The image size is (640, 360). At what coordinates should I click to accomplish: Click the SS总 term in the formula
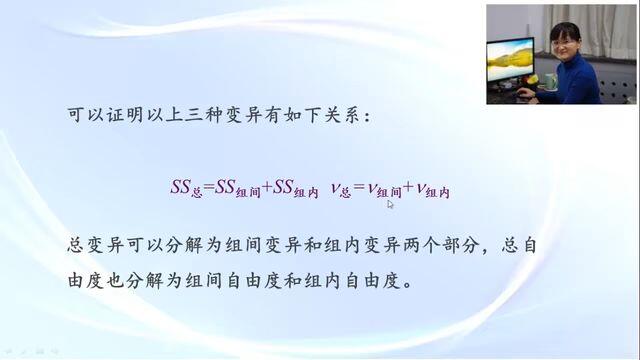(187, 189)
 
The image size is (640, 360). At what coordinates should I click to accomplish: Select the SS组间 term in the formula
(238, 189)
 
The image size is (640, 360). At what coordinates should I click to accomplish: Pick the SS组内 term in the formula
(296, 189)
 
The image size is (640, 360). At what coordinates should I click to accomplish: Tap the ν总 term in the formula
(341, 190)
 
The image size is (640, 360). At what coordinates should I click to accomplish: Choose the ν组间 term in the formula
(384, 190)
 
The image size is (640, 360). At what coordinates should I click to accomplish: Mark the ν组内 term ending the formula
(433, 190)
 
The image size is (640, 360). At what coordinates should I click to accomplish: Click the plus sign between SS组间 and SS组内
(267, 187)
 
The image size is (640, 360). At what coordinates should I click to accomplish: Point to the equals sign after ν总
(359, 187)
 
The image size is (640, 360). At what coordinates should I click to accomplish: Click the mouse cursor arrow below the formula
(390, 204)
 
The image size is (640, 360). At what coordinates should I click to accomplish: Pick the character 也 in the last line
(115, 281)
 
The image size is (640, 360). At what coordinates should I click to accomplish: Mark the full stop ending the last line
(407, 284)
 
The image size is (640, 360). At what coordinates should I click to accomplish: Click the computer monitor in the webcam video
(510, 60)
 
